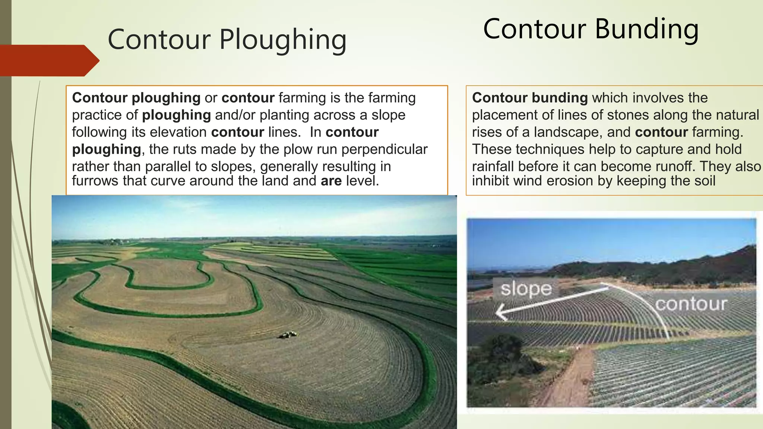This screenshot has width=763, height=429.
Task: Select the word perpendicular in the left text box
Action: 384,149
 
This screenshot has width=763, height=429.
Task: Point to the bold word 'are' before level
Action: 331,181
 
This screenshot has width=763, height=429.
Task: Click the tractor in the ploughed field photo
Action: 288,335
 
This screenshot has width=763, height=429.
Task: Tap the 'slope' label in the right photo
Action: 526,289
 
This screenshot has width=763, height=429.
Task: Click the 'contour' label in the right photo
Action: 691,304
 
